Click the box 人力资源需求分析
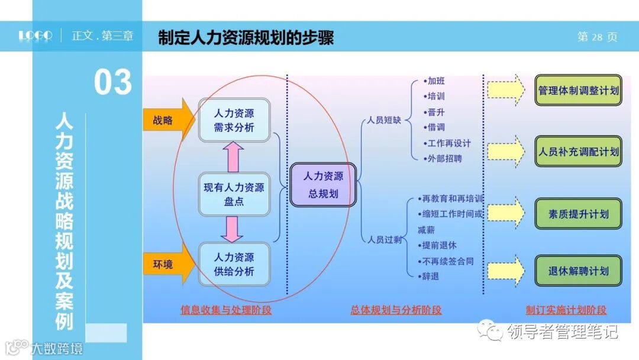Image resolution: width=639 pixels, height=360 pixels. point(234,120)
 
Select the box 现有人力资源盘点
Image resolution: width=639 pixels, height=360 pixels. point(234,195)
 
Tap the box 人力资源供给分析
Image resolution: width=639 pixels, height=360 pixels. point(234,265)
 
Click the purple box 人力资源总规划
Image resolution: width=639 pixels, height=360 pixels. point(323,185)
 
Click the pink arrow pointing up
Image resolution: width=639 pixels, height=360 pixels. point(234,157)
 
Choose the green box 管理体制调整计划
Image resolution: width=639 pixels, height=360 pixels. point(578,91)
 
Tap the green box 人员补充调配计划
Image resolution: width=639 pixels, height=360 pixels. point(578,152)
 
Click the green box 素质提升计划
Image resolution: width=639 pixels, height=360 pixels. point(578,214)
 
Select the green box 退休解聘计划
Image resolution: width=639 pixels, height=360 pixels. point(578,271)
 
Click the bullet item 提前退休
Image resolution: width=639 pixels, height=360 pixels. point(438,245)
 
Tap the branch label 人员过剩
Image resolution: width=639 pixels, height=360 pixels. point(384,240)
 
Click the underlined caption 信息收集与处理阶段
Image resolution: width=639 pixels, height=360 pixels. point(226,310)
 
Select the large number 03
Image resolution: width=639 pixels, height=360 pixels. point(113,82)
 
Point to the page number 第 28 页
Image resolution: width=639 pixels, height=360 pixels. point(597,37)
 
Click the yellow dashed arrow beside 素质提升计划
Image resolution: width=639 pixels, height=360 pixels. point(506,212)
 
